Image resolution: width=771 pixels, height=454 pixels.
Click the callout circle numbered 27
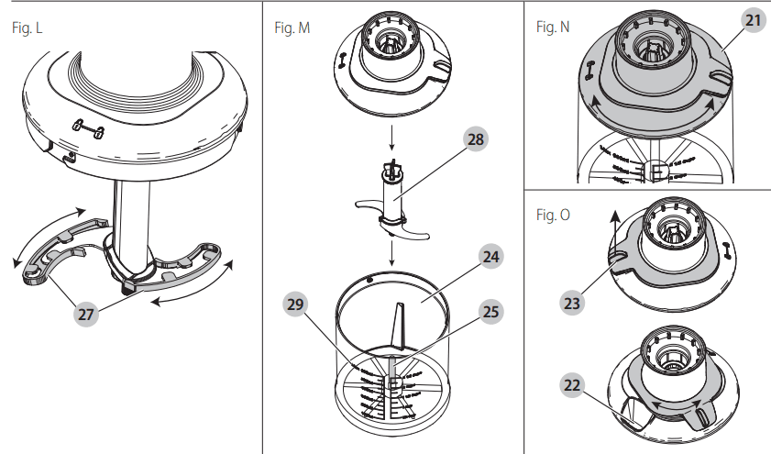pos(85,314)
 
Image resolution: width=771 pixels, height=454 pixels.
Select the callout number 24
pos(490,258)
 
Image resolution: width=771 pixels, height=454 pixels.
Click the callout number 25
pos(490,312)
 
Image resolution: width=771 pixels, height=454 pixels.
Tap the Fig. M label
pos(292,28)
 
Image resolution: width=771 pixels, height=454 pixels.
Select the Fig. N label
pos(552,28)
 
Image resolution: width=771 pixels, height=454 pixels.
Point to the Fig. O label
pos(552,215)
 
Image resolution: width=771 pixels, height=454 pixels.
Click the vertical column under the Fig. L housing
pos(129,220)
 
